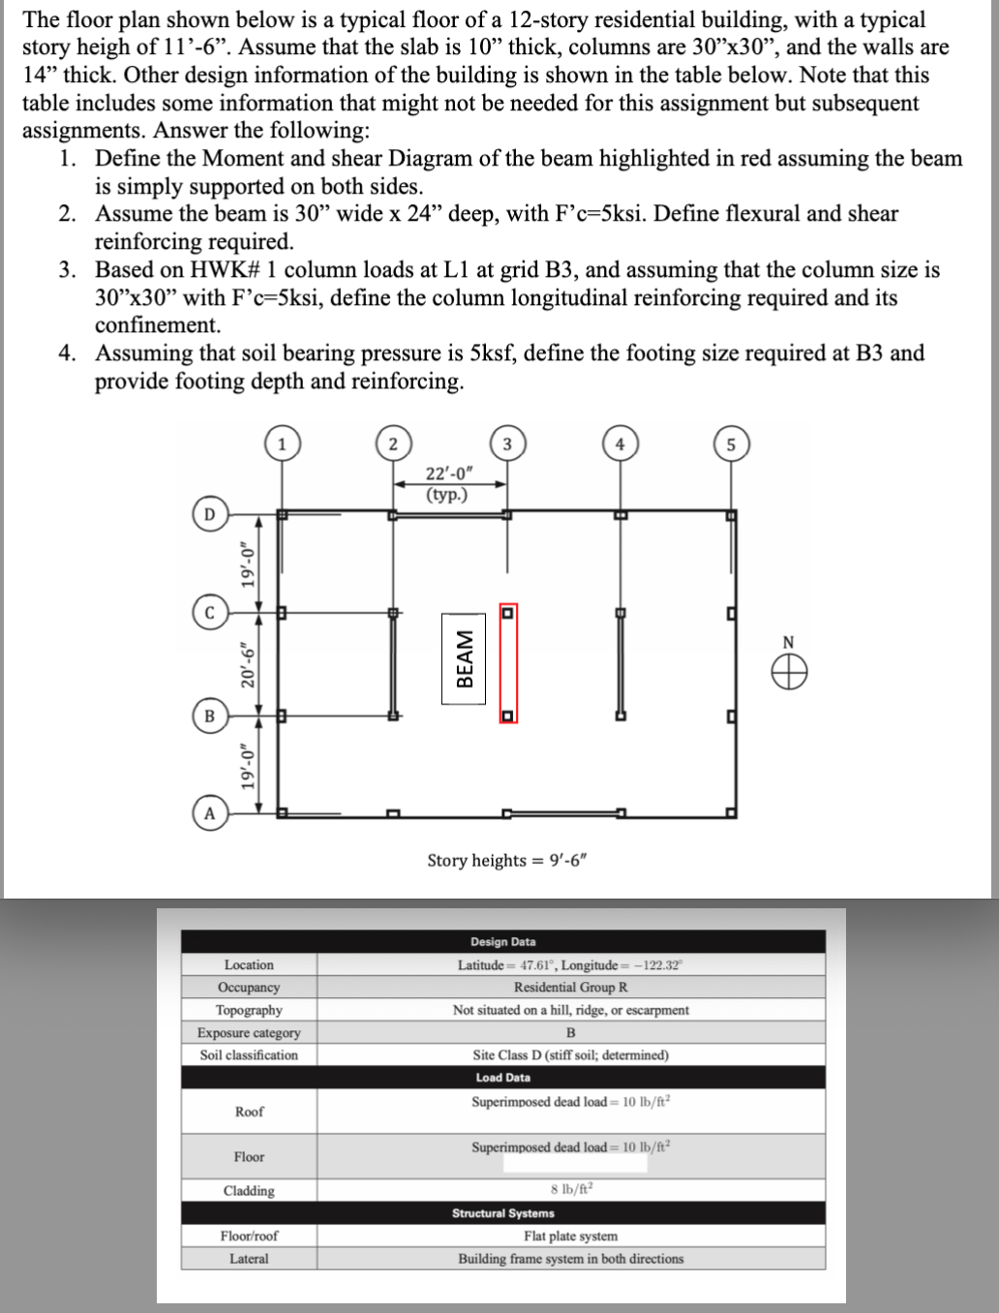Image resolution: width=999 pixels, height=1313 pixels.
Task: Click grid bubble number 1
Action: click(x=282, y=444)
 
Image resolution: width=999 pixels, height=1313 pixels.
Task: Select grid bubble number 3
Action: click(x=506, y=444)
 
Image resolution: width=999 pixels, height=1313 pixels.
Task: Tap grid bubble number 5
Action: click(x=731, y=444)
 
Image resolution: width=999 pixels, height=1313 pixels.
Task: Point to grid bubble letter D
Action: click(x=209, y=513)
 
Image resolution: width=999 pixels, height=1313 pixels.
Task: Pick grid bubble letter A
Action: click(x=209, y=813)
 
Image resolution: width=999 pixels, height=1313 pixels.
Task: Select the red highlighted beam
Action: click(x=507, y=664)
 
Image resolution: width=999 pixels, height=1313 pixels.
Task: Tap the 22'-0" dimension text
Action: click(x=449, y=473)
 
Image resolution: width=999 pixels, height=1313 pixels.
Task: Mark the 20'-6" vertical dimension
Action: click(x=249, y=663)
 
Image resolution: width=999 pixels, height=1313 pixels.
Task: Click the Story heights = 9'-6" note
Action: click(x=506, y=861)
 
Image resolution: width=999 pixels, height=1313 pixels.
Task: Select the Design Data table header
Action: click(x=502, y=941)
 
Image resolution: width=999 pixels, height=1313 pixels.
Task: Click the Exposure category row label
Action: click(x=249, y=1032)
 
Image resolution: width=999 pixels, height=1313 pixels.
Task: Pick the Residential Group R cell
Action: click(x=570, y=987)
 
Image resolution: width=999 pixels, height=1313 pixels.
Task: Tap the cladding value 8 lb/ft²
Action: click(x=570, y=1190)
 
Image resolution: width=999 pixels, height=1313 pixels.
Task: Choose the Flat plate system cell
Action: click(x=570, y=1236)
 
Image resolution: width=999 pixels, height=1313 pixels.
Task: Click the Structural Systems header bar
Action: click(x=502, y=1213)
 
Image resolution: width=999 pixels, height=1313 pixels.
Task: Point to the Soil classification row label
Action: click(x=249, y=1054)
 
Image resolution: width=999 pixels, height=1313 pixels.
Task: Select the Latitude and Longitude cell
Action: click(x=570, y=964)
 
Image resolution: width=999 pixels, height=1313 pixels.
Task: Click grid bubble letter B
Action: click(x=209, y=717)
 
